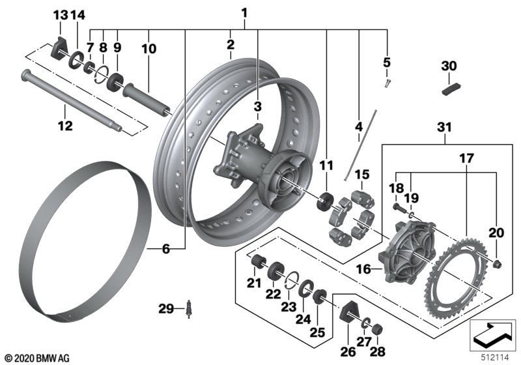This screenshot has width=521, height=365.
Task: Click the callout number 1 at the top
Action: (244, 12)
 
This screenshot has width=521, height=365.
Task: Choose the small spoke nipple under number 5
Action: (387, 83)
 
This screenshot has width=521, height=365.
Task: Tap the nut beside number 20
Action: (498, 263)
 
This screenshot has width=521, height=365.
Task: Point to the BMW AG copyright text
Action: (36, 358)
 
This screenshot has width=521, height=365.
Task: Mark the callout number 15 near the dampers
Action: (362, 174)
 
